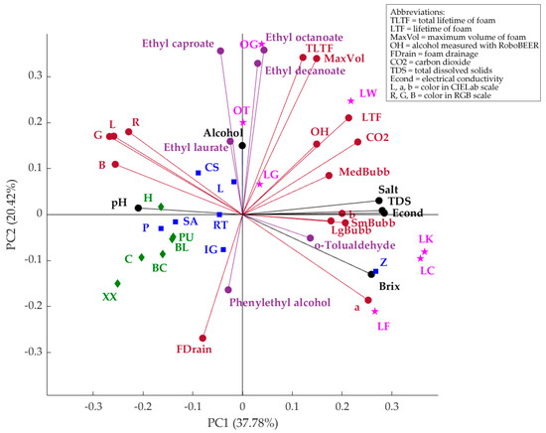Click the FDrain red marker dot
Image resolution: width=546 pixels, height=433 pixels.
pos(204,338)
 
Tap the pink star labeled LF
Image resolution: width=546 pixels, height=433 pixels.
pos(374,311)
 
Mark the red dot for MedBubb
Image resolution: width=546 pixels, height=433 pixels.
pos(330,176)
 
